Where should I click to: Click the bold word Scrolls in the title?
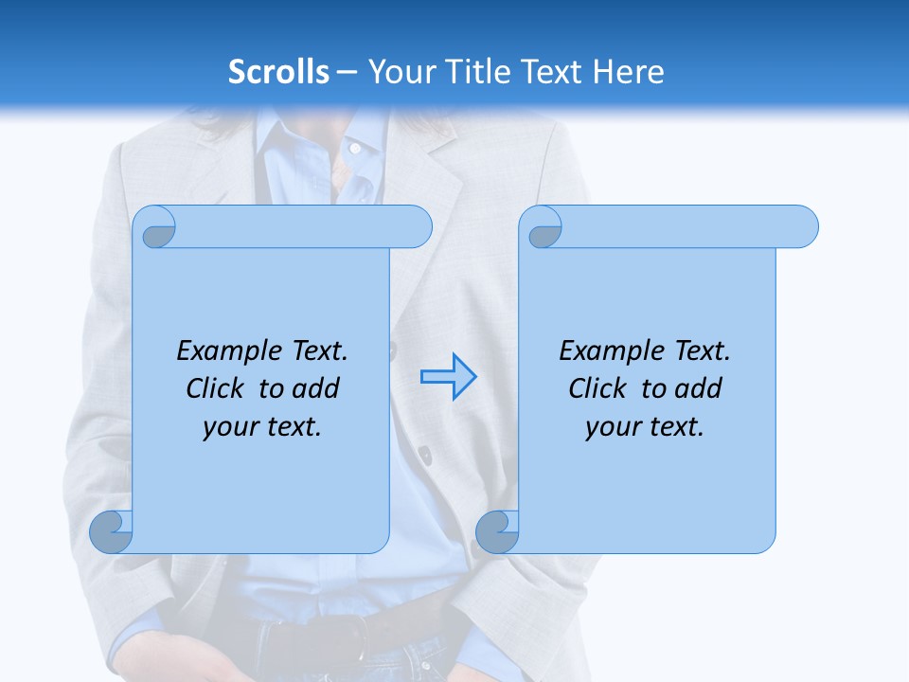coord(279,72)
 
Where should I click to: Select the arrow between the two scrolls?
coord(448,377)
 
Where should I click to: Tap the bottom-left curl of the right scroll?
coord(497,531)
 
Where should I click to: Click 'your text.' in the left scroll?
coord(262,426)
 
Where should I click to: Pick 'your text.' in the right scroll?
coord(645,426)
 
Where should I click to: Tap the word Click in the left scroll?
coord(216,388)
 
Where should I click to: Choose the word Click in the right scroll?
coord(597,388)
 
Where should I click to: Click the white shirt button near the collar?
coord(355,149)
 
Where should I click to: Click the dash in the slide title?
coord(347,72)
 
